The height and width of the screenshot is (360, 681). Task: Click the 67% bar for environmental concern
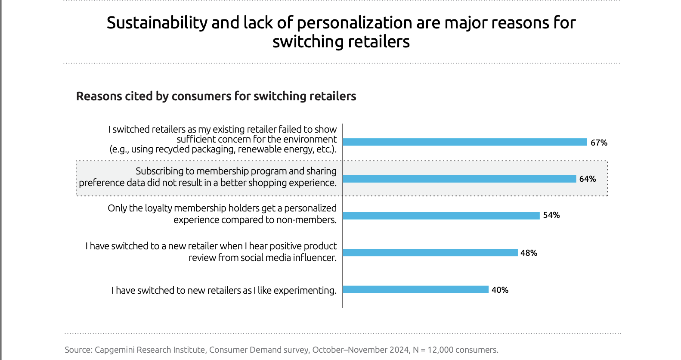tap(465, 142)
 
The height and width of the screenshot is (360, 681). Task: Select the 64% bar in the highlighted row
tap(459, 179)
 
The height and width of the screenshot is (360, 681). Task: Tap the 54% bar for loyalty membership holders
tap(441, 215)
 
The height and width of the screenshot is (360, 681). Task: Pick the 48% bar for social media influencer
tap(430, 253)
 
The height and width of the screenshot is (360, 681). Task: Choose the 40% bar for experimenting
tap(416, 290)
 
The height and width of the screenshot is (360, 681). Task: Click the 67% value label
tap(599, 143)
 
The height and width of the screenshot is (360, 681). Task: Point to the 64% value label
tap(588, 179)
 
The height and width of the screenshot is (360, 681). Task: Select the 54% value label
tap(551, 215)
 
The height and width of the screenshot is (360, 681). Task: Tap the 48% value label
tap(529, 253)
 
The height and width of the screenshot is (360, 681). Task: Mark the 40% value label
tap(500, 290)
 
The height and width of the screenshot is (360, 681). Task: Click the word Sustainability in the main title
tap(157, 23)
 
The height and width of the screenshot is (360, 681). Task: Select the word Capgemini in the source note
tap(115, 350)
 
